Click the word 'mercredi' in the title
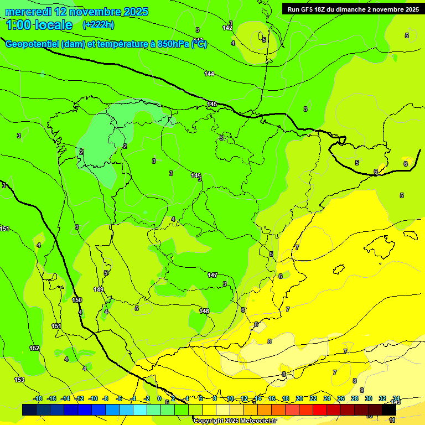29,12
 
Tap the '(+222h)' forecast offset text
98,25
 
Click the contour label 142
227,28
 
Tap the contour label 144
209,74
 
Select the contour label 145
212,104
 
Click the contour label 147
212,275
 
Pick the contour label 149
99,289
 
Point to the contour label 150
77,300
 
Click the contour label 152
34,348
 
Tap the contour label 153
19,380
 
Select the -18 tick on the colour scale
38,398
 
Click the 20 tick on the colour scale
299,398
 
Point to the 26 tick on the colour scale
340,398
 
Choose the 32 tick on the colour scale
382,398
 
